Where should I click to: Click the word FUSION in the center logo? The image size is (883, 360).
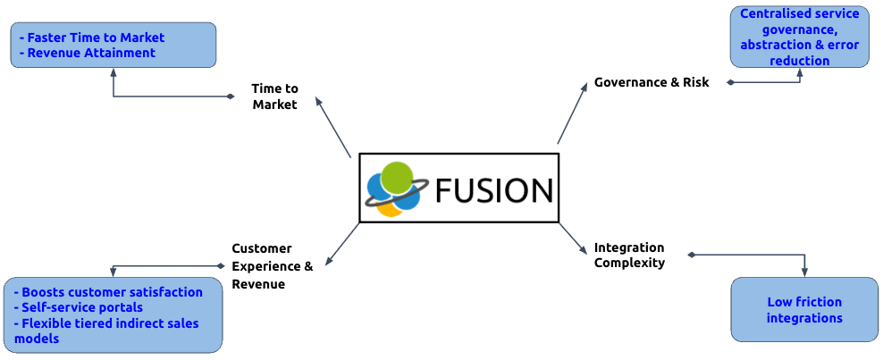point(493,190)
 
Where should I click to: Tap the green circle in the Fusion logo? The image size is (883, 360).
point(396,178)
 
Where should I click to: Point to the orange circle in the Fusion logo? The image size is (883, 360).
point(389,207)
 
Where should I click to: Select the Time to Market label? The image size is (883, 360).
point(274,96)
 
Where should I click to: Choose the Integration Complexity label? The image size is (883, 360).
point(629,255)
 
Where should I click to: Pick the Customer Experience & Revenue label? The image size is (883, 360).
point(272,266)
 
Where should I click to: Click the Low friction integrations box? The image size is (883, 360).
point(804,309)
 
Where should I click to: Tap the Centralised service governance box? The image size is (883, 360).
point(800,38)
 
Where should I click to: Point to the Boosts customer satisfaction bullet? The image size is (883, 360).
point(112,292)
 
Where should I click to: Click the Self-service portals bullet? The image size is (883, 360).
point(81,307)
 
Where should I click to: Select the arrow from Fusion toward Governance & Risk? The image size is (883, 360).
point(573,115)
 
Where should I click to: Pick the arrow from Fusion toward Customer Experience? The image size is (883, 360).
point(343,245)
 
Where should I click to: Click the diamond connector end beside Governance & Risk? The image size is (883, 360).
point(730,82)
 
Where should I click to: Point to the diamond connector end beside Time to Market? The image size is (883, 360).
point(231,96)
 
